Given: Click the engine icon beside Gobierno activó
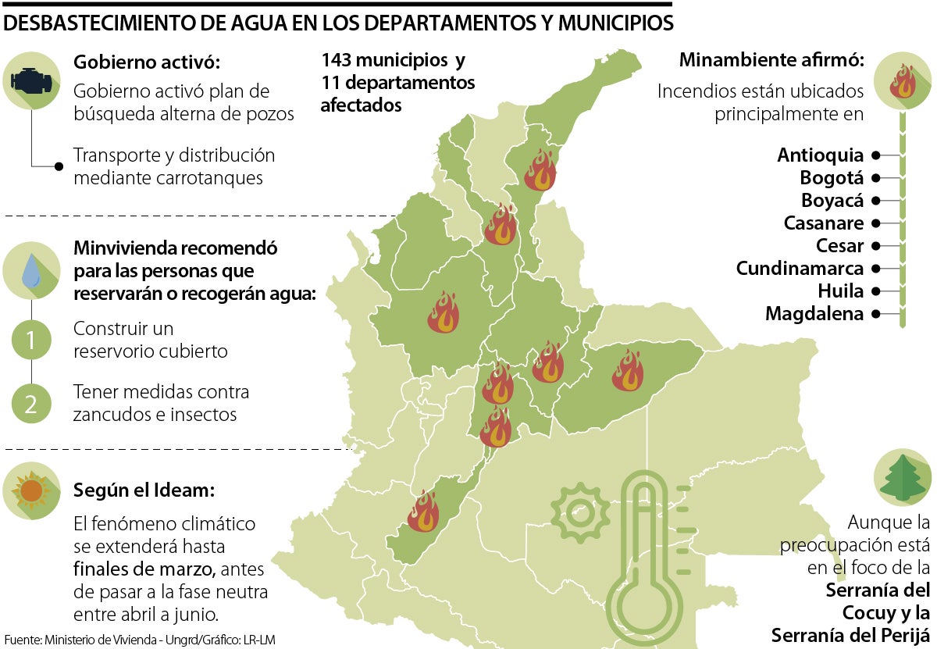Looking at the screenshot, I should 32,80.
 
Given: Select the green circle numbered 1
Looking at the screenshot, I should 31,340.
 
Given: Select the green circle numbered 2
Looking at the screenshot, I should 31,404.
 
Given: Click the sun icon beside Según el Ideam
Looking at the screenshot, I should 32,490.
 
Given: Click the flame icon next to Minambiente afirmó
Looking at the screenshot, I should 903,80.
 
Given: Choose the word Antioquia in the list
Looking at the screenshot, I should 820,155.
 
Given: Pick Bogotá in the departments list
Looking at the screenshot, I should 832,177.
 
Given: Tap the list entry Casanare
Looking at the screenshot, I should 823,223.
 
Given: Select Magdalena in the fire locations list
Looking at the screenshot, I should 814,314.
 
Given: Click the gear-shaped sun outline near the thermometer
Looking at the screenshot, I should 579,514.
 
